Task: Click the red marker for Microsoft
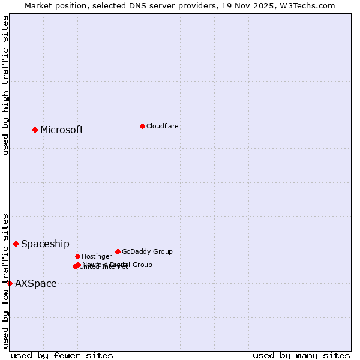point(35,130)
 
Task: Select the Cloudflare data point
point(142,126)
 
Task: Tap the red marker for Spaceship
point(16,244)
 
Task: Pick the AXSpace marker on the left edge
point(10,283)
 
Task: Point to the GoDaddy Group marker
point(118,251)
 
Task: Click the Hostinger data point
point(77,256)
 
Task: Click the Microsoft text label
point(62,130)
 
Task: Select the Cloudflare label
point(162,126)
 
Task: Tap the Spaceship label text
point(45,244)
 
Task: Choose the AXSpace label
point(36,284)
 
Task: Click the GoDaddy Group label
point(147,251)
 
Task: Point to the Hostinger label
point(97,256)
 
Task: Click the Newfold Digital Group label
point(118,265)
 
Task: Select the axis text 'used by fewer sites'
point(62,355)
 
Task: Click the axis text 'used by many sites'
point(301,355)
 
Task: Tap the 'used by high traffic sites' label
point(6,85)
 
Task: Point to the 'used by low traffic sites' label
point(6,281)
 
